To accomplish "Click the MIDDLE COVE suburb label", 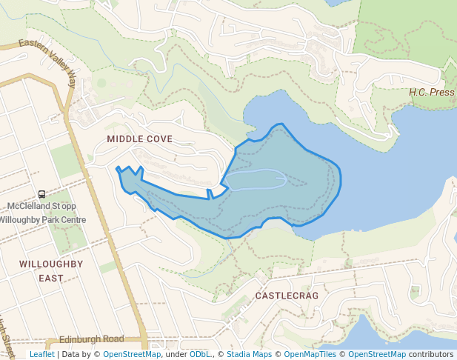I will pyautogui.click(x=139, y=139).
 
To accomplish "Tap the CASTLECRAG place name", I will pyautogui.click(x=287, y=296).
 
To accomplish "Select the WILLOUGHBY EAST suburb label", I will pyautogui.click(x=51, y=270).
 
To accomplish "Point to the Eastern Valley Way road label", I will pyautogui.click(x=48, y=61).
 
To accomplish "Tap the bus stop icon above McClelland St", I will pyautogui.click(x=41, y=194).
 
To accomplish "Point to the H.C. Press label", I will pyautogui.click(x=432, y=93).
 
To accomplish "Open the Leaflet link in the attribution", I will pyautogui.click(x=41, y=354).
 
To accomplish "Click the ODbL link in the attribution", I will pyautogui.click(x=199, y=354).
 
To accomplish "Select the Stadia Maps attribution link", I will pyautogui.click(x=249, y=354).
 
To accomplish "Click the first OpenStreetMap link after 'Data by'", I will pyautogui.click(x=132, y=354).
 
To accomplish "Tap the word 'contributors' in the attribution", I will pyautogui.click(x=431, y=354).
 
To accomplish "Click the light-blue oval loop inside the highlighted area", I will pyautogui.click(x=256, y=179).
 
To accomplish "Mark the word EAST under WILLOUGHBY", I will pyautogui.click(x=51, y=279).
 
